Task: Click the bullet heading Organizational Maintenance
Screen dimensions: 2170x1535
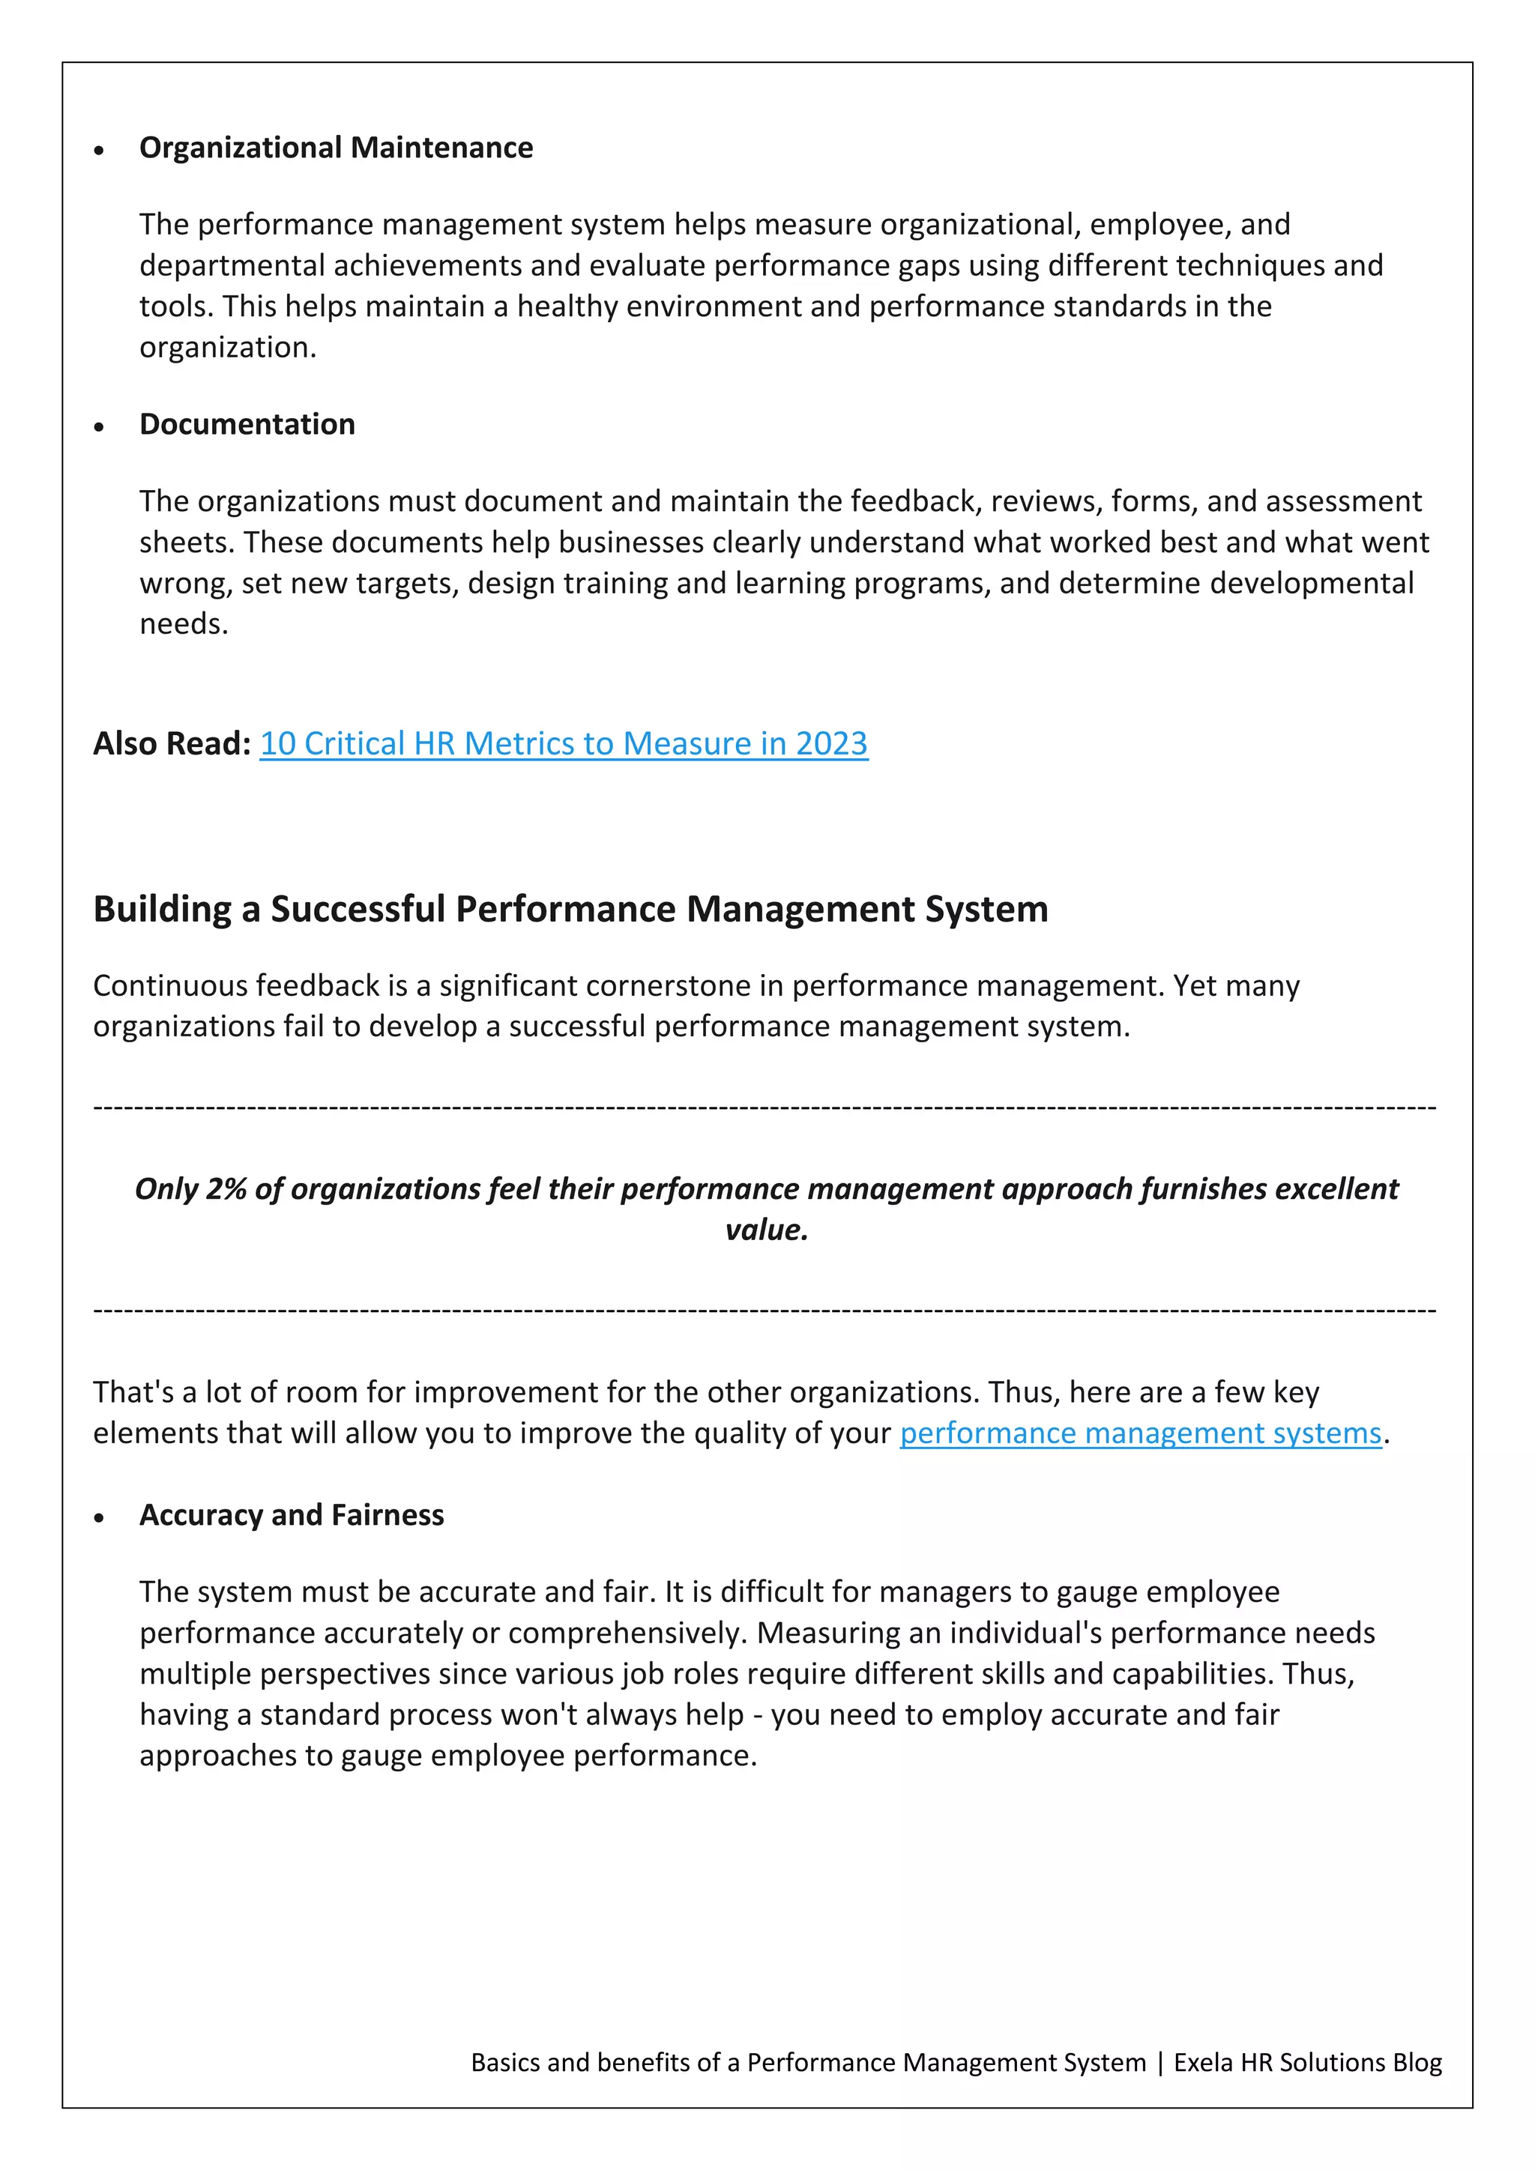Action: click(336, 148)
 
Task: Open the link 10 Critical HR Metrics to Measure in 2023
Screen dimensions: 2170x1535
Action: click(564, 744)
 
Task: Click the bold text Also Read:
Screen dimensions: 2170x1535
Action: click(171, 744)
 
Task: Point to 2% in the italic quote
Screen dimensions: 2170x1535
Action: click(226, 1189)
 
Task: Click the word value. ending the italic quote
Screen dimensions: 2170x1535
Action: click(767, 1230)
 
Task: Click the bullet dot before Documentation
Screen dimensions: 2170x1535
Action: click(99, 427)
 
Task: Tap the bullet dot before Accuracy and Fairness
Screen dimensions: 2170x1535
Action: click(99, 1518)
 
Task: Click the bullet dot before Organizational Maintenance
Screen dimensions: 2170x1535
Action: click(99, 151)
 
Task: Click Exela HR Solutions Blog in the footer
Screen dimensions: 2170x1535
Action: click(1307, 2062)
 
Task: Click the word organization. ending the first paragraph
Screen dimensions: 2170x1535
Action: click(228, 348)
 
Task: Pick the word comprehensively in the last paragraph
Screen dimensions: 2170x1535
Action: click(624, 1633)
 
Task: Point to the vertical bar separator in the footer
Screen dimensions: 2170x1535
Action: click(1159, 2062)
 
